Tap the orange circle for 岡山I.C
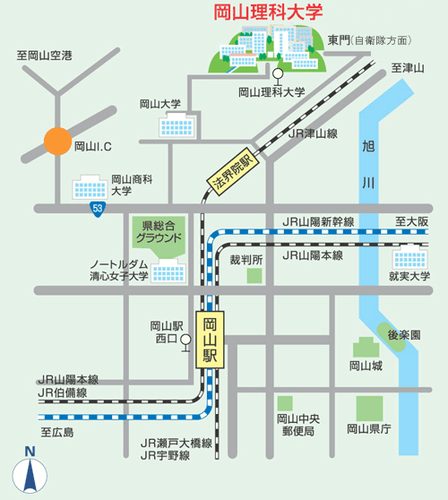57,142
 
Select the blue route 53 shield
97,209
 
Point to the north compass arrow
29,472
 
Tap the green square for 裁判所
255,276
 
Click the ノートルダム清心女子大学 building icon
168,270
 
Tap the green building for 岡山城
366,348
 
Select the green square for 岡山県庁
369,408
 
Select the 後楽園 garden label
404,333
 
